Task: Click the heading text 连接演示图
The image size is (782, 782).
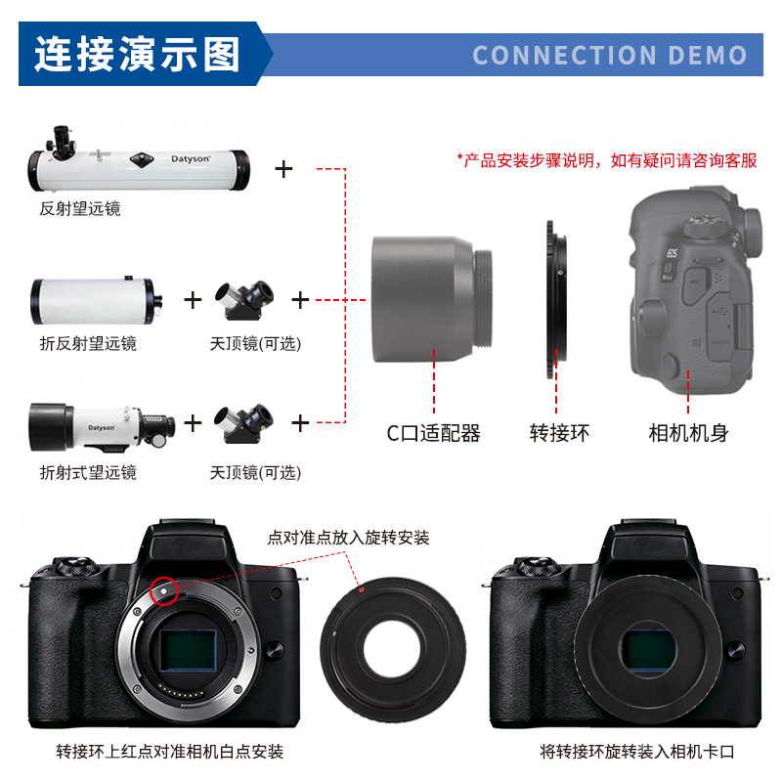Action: pos(137,54)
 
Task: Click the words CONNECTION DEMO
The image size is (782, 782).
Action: pos(609,55)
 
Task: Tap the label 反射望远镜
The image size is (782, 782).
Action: pos(80,208)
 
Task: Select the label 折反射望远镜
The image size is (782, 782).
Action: pos(88,343)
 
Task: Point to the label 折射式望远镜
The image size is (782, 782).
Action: pos(88,472)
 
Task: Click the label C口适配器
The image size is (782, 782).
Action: pos(433,433)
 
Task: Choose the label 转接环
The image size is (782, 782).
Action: pos(559,433)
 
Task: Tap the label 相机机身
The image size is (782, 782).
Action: pos(688,433)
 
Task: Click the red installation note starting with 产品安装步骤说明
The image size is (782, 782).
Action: pos(607,160)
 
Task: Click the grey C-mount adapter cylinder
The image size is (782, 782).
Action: pos(432,299)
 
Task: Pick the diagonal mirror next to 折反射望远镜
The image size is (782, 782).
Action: pos(244,300)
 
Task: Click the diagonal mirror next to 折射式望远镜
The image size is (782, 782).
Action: pos(243,423)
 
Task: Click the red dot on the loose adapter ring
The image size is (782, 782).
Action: pos(361,589)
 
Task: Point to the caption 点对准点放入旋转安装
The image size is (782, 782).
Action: pos(348,538)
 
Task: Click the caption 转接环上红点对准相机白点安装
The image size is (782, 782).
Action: pos(169,751)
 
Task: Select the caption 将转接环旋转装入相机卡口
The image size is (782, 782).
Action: pos(637,751)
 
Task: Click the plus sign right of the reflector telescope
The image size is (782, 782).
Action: pos(283,169)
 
